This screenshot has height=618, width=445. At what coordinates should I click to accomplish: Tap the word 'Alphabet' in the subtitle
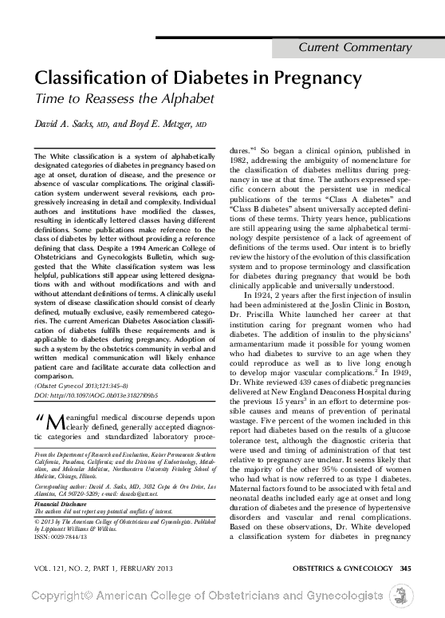189,100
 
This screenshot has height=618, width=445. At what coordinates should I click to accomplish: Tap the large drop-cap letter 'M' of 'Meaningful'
52,421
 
